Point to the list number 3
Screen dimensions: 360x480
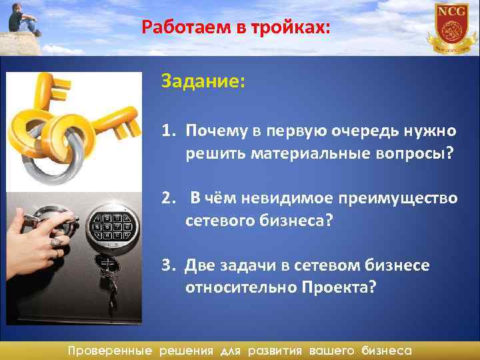coord(168,266)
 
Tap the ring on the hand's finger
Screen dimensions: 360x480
coord(55,241)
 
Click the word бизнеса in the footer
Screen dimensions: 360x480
coord(387,350)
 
